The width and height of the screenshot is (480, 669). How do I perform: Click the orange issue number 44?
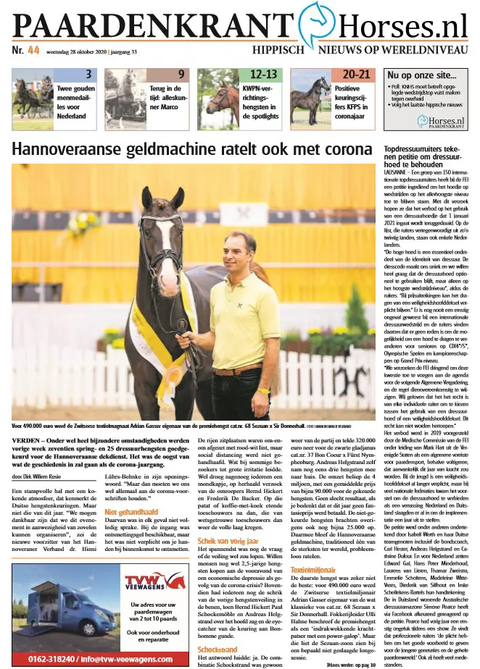(33, 50)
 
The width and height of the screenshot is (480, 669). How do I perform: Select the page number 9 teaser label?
(181, 74)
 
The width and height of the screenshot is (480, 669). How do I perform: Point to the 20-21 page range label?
(357, 74)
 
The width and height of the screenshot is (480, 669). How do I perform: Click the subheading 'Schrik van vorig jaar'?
(229, 521)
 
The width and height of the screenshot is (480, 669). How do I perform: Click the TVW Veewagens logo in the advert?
(154, 581)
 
